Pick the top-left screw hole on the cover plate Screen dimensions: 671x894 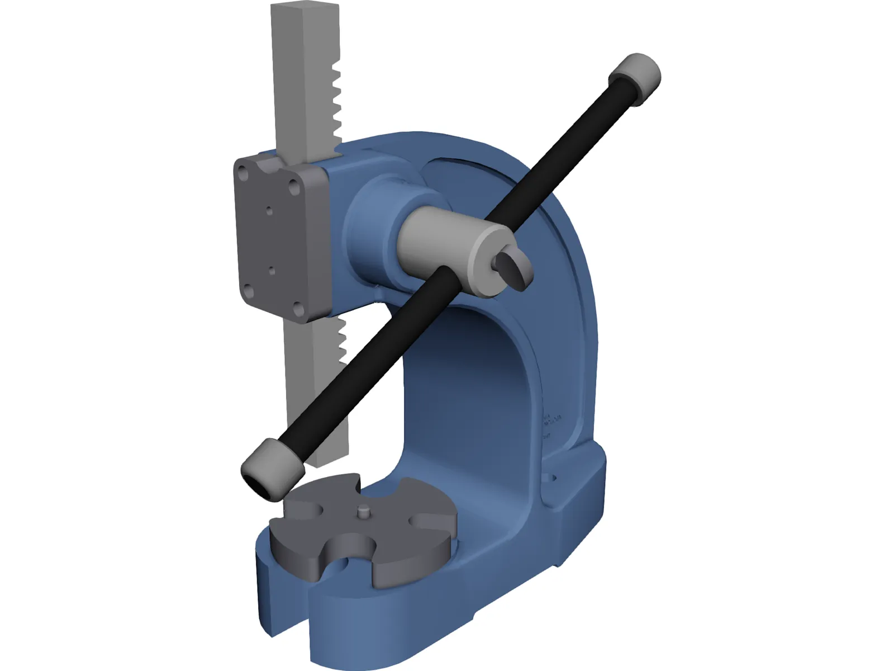click(x=244, y=173)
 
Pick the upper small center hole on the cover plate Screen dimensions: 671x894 click(x=269, y=211)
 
